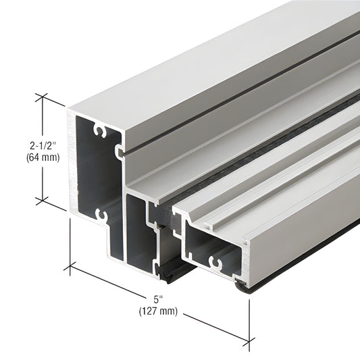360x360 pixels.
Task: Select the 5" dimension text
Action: tap(158, 298)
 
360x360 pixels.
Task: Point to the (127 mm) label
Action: tap(158, 311)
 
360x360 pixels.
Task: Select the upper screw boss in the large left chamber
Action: tap(101, 128)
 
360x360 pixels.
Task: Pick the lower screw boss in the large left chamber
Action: tap(101, 215)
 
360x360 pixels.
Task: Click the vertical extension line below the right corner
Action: tap(250, 317)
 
